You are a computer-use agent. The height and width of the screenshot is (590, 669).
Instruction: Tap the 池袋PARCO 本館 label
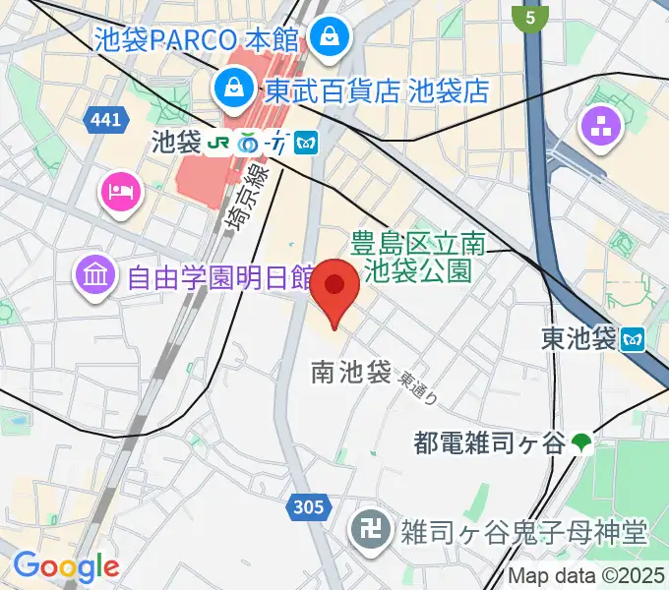pos(197,40)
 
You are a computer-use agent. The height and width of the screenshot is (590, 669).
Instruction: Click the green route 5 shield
pos(531,18)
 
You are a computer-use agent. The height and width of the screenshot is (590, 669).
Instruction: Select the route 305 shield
pos(308,507)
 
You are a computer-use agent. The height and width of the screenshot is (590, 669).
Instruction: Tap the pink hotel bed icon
pos(120,188)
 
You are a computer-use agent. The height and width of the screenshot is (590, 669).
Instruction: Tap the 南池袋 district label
pos(351,372)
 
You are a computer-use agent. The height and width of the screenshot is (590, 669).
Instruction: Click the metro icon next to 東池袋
pos(634,339)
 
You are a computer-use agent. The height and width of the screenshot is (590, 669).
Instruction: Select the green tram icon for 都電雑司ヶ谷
pos(583,443)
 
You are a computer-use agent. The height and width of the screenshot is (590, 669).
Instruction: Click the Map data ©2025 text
pos(586,577)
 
